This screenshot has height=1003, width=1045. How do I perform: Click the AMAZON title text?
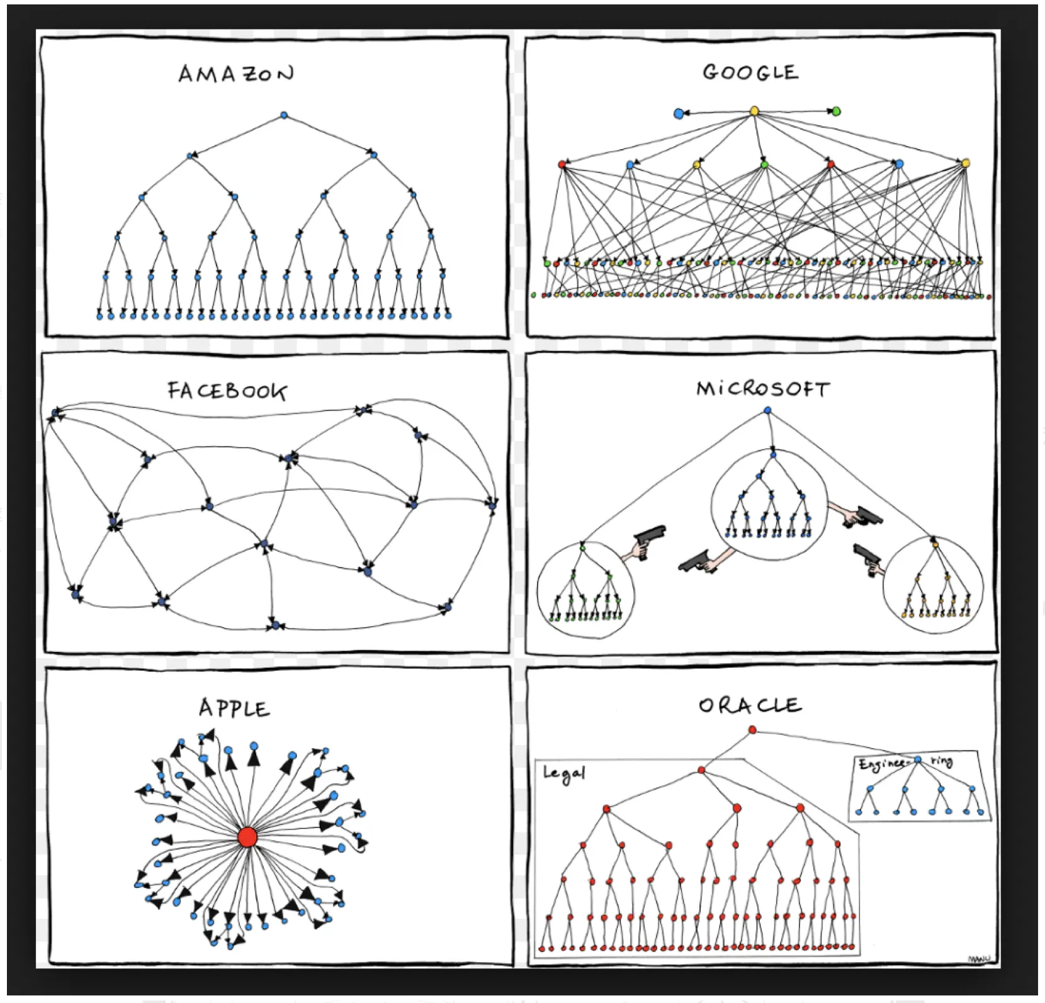tap(236, 74)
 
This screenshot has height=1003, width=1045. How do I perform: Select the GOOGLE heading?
tap(750, 72)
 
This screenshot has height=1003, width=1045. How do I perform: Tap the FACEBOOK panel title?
tap(227, 391)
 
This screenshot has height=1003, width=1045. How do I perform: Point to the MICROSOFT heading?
tap(763, 389)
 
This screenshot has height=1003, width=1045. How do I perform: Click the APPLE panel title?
tap(234, 709)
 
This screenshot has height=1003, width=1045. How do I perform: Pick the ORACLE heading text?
tap(750, 705)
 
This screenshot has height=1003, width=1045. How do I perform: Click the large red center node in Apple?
tap(247, 838)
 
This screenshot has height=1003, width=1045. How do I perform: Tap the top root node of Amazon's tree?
tap(284, 116)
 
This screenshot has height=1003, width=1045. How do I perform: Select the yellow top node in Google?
tap(754, 112)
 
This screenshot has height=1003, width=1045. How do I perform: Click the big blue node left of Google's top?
tap(679, 114)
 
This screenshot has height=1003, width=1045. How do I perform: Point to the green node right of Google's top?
tap(835, 111)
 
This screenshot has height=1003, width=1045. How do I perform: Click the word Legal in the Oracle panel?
tap(564, 773)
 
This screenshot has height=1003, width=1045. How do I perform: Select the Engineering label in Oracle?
tap(905, 763)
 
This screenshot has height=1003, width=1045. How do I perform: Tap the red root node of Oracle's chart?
tap(752, 730)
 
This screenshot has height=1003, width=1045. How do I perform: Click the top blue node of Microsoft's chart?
tap(767, 410)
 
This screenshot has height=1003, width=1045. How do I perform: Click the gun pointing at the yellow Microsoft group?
tap(867, 558)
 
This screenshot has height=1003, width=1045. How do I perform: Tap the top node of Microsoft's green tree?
tap(582, 547)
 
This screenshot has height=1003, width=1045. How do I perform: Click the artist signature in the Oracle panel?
tap(978, 959)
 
